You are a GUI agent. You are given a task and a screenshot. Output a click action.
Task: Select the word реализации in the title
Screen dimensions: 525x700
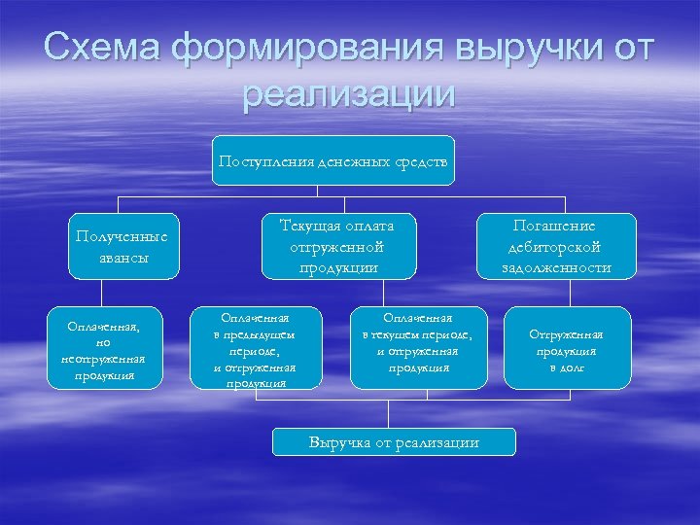[x=349, y=94]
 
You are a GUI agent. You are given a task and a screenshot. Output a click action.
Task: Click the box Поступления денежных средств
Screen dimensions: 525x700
[x=333, y=160]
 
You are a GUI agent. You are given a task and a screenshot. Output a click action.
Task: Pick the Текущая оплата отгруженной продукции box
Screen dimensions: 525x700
[x=334, y=246]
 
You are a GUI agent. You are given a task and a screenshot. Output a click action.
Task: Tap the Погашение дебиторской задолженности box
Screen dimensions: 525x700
[x=556, y=246]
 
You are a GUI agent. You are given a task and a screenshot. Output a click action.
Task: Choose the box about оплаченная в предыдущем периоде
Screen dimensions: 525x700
[x=254, y=349]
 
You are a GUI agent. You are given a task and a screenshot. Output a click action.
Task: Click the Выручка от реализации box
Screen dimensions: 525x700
[x=394, y=442]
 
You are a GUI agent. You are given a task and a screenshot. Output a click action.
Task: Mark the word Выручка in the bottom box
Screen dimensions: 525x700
[x=336, y=442]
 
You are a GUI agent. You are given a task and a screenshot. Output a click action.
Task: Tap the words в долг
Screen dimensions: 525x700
[x=566, y=368]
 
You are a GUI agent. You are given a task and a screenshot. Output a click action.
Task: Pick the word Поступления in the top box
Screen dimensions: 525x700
[x=265, y=160]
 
